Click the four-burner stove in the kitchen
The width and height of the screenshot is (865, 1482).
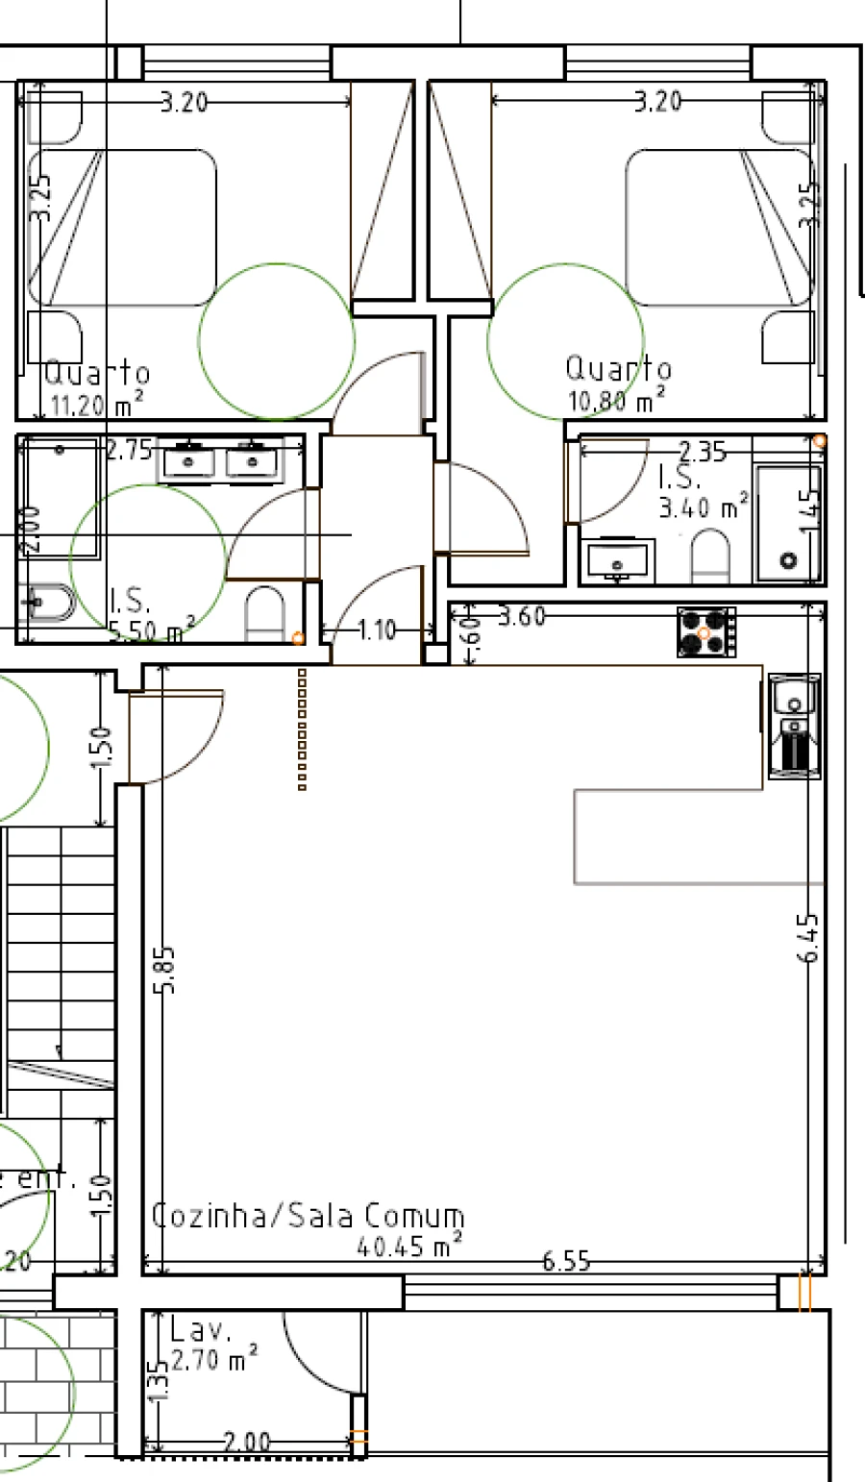(706, 632)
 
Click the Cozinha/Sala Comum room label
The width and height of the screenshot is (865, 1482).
(309, 1216)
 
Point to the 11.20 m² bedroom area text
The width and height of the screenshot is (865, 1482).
(96, 405)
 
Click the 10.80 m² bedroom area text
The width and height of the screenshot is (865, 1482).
(616, 399)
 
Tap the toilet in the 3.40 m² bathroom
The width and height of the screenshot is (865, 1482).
(710, 557)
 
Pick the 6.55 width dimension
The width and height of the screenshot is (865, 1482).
(566, 1261)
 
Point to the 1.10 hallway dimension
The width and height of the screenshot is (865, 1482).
(376, 630)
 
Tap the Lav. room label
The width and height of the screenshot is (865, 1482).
(201, 1331)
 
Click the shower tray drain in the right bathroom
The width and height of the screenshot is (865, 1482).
(789, 559)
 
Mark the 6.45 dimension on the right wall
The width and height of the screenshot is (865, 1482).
(809, 937)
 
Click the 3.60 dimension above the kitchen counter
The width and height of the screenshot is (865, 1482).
(522, 616)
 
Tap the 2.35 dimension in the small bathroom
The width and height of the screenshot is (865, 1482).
(702, 451)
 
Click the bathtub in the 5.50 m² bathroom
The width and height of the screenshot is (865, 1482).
(61, 500)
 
